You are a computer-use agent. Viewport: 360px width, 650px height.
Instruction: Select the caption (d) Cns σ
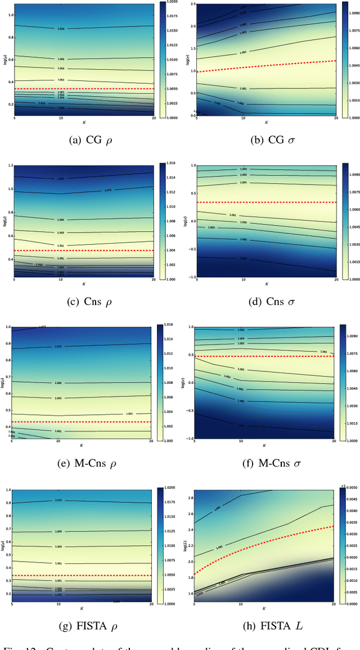[x=268, y=302]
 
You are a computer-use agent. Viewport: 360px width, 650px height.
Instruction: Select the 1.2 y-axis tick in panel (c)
[x=7, y=165]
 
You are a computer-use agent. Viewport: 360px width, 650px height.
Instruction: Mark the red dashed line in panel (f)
[x=264, y=356]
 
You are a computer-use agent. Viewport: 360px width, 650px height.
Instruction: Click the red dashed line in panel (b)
[x=264, y=65]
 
